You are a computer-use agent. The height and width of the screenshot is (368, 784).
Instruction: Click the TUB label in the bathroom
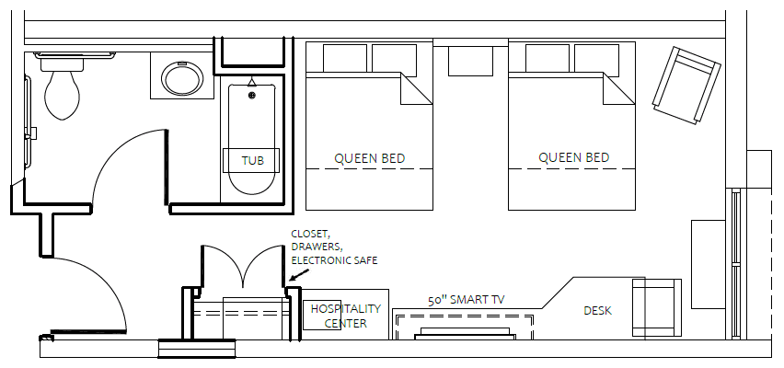[x=252, y=161]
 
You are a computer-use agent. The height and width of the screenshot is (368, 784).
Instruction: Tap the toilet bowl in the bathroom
[x=62, y=96]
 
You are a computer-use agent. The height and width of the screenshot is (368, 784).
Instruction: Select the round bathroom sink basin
[x=182, y=78]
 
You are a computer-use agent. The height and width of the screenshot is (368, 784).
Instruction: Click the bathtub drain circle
[x=252, y=95]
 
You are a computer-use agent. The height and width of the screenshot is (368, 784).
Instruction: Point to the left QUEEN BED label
[x=370, y=159]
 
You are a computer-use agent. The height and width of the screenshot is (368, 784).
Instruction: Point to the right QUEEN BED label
[x=573, y=158]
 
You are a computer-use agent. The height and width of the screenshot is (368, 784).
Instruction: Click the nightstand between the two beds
[x=470, y=61]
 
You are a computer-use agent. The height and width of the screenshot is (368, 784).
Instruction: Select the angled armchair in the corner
[x=686, y=85]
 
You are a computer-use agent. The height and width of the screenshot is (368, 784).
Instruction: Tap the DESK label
[x=597, y=311]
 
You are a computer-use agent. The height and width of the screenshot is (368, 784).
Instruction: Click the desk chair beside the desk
[x=656, y=307]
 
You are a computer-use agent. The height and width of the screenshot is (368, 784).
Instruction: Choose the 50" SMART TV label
[x=466, y=300]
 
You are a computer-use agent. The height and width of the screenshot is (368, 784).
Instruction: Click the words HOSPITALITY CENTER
[x=345, y=316]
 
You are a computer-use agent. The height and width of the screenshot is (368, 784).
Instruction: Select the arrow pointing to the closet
[x=299, y=275]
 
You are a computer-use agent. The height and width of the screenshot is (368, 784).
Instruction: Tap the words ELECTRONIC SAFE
[x=334, y=260]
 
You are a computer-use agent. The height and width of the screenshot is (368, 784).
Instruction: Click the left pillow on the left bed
[x=345, y=58]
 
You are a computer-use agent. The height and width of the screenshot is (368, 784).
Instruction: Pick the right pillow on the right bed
[x=596, y=60]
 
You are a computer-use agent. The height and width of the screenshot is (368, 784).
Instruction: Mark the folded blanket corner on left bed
[x=416, y=91]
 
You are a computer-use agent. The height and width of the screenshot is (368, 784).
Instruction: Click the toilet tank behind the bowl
[x=63, y=63]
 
